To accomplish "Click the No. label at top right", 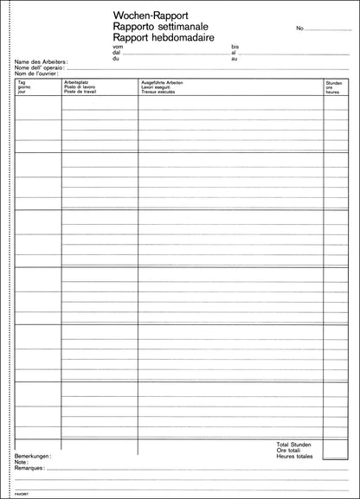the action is (x=299, y=29).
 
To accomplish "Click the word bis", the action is (x=234, y=47).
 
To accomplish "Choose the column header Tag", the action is (x=21, y=82).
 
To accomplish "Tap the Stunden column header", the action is (x=334, y=82).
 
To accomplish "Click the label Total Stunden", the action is (x=293, y=444).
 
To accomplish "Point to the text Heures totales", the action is (x=294, y=456).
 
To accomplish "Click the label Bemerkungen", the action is (x=33, y=455).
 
